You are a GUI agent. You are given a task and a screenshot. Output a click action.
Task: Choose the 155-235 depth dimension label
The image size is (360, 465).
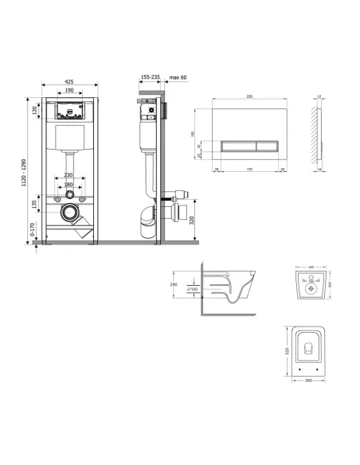point(150,78)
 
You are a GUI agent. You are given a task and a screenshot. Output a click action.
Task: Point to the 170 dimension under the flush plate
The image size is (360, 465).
point(251,169)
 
